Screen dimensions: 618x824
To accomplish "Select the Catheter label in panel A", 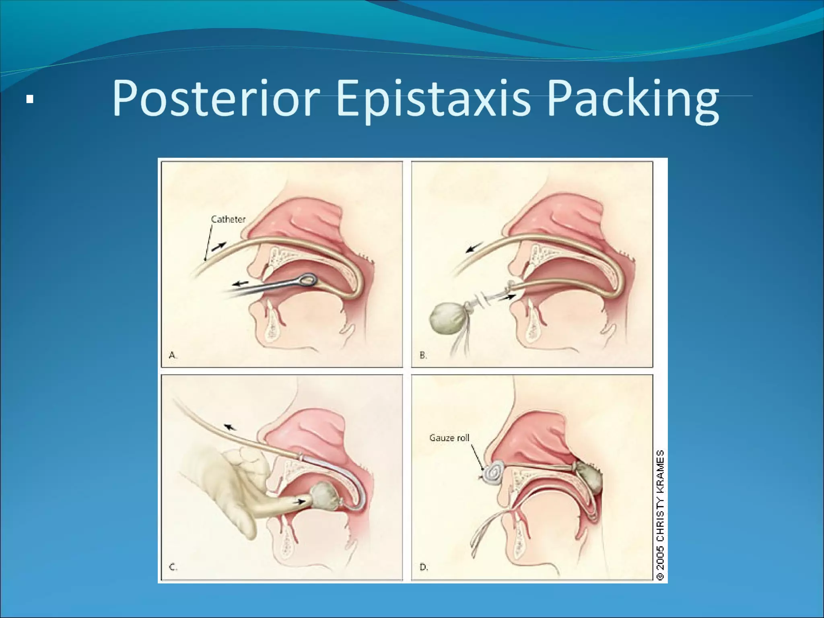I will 228,219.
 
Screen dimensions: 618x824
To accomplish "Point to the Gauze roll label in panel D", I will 449,438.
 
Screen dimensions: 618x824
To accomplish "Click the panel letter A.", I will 172,355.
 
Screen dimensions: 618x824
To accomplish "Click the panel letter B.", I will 423,355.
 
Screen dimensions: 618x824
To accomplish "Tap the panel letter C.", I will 172,567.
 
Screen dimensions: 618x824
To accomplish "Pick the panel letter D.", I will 424,567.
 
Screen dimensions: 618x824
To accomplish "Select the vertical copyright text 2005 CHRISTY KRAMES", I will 660,515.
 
